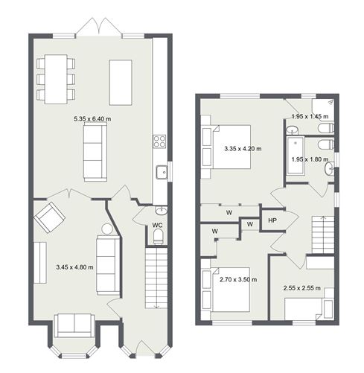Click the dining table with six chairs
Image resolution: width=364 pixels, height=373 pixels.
click(57, 78)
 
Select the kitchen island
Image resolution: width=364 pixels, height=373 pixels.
click(122, 82)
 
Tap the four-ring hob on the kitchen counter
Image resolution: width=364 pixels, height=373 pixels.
click(159, 141)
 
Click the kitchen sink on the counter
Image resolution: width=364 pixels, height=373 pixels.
click(161, 172)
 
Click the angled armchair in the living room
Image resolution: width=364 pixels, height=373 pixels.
click(49, 217)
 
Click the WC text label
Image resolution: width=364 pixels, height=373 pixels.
click(158, 224)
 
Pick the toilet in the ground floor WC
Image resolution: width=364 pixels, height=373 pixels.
click(158, 237)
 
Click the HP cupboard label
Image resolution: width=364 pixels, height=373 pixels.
click(272, 220)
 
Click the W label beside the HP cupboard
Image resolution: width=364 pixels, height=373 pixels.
click(250, 223)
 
